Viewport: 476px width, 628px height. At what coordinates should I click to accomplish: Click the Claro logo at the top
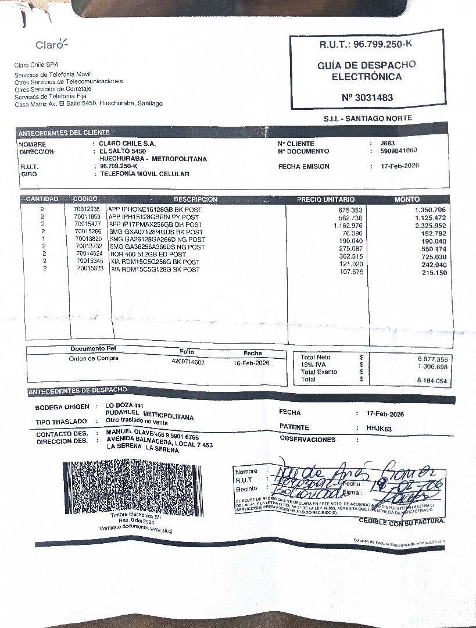pyautogui.click(x=51, y=45)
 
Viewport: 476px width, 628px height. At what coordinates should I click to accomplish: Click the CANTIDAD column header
pyautogui.click(x=42, y=199)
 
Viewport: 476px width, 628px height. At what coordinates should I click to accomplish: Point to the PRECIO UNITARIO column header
pyautogui.click(x=321, y=199)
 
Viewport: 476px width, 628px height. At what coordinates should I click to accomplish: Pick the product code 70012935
pyautogui.click(x=87, y=209)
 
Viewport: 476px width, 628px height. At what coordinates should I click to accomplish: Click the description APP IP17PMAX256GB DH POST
pyautogui.click(x=156, y=224)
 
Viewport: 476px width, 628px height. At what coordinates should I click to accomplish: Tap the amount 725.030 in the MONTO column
pyautogui.click(x=434, y=257)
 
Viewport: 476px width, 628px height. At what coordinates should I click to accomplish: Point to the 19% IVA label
pyautogui.click(x=313, y=365)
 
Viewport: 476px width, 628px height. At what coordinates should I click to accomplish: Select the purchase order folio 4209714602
pyautogui.click(x=188, y=362)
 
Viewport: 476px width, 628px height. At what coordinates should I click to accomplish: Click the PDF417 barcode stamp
pyautogui.click(x=133, y=488)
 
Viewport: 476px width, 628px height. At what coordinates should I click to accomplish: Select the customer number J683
pyautogui.click(x=387, y=143)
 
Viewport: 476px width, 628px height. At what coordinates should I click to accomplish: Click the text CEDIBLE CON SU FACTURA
pyautogui.click(x=402, y=522)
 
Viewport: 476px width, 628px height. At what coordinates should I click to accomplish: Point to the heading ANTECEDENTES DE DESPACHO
pyautogui.click(x=77, y=390)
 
